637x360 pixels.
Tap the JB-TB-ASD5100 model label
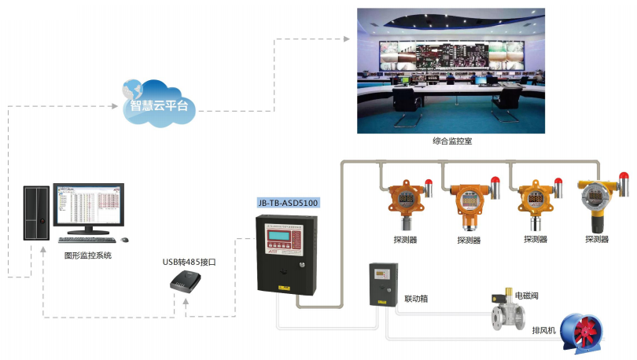289,202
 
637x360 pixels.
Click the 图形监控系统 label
87,256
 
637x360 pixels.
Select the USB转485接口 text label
189,262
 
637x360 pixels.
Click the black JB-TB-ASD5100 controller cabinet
286,252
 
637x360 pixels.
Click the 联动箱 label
416,299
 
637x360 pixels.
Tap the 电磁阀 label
528,296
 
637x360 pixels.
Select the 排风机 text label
544,331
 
